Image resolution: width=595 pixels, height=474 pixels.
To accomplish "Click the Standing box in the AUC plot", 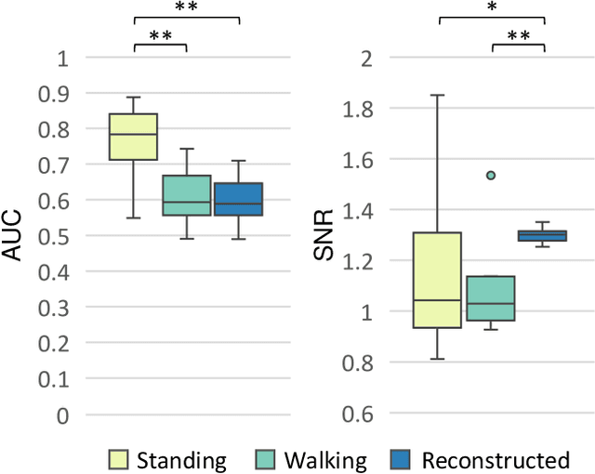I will click(x=133, y=137).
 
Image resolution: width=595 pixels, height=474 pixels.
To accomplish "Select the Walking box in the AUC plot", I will click(x=187, y=195).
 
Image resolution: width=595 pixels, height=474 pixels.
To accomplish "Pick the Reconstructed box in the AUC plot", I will click(x=239, y=199).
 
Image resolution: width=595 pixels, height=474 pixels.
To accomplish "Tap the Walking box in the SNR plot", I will click(x=490, y=297).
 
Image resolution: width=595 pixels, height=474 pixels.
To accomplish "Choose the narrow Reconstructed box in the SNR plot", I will click(x=543, y=235).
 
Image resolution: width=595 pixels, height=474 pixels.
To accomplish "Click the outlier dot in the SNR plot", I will click(x=491, y=175).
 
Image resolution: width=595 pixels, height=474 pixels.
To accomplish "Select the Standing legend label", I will click(x=181, y=459).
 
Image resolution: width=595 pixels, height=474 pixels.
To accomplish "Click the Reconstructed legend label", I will click(x=495, y=459).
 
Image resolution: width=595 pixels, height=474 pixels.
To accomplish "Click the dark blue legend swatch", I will click(x=397, y=459).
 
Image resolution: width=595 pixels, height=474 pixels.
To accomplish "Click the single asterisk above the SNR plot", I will click(x=491, y=7).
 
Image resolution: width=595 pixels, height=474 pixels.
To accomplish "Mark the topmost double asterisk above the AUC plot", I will click(x=187, y=7).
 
